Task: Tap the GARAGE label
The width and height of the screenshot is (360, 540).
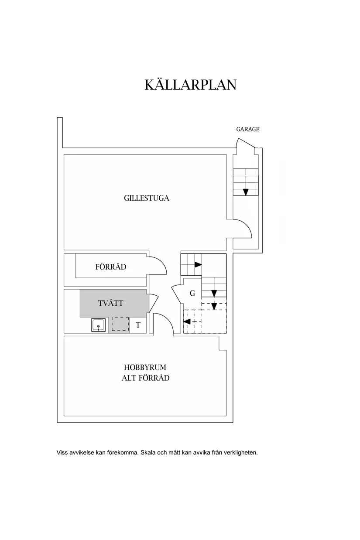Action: click(247, 129)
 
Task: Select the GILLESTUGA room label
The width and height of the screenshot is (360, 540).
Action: click(146, 198)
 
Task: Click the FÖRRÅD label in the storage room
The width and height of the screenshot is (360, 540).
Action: click(111, 267)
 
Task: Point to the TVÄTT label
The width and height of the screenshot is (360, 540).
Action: click(111, 303)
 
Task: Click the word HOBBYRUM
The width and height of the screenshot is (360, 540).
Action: click(145, 367)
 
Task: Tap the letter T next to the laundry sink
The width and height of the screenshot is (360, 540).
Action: click(138, 325)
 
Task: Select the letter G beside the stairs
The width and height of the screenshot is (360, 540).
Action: click(192, 293)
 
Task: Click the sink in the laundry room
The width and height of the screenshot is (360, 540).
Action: click(98, 325)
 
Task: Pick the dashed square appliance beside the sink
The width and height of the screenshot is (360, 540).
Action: click(120, 324)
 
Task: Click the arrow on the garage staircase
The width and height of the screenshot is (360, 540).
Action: click(246, 192)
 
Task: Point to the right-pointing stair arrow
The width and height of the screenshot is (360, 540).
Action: click(198, 264)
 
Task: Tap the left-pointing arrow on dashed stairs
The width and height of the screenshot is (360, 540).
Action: click(187, 321)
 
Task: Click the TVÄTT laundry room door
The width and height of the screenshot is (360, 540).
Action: click(154, 303)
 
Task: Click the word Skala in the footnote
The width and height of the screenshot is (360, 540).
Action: click(148, 452)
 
